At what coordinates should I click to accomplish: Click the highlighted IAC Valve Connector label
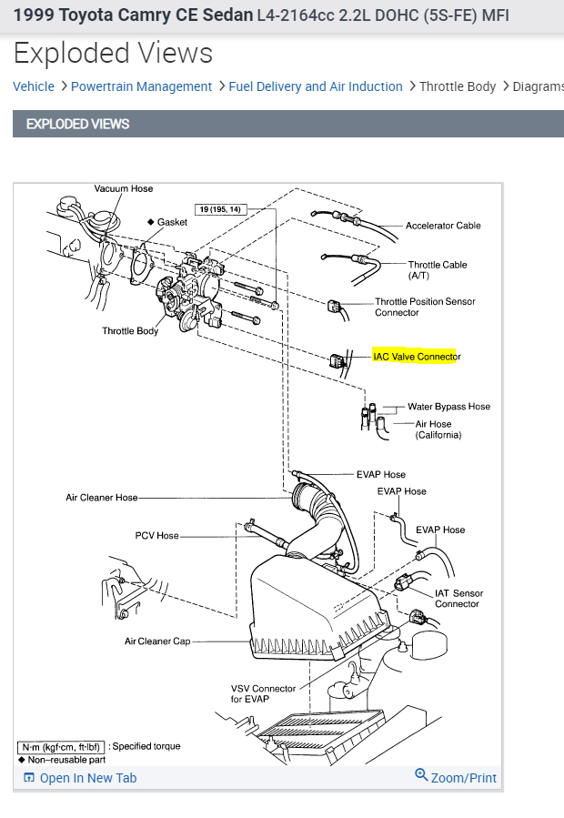[x=417, y=357]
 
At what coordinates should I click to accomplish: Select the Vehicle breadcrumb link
[x=34, y=86]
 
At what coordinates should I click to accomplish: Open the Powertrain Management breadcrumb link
[x=141, y=86]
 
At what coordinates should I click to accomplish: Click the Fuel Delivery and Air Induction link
[x=315, y=86]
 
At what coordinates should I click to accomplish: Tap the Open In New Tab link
[x=87, y=778]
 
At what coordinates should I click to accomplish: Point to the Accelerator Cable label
[x=443, y=226]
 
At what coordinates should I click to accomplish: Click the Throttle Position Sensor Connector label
[x=425, y=307]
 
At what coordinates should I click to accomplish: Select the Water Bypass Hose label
[x=448, y=407]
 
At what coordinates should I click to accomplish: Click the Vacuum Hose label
[x=124, y=189]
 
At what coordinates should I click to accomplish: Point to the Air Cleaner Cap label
[x=157, y=641]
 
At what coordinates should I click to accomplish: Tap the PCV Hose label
[x=156, y=536]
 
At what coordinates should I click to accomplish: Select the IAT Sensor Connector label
[x=458, y=599]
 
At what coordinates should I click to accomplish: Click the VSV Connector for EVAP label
[x=263, y=694]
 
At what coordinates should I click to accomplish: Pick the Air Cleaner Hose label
[x=102, y=498]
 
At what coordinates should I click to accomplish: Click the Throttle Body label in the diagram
[x=130, y=331]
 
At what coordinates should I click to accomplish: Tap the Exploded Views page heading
[x=113, y=54]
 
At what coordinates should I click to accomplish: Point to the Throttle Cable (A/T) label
[x=438, y=270]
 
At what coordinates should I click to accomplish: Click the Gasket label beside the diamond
[x=172, y=222]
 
